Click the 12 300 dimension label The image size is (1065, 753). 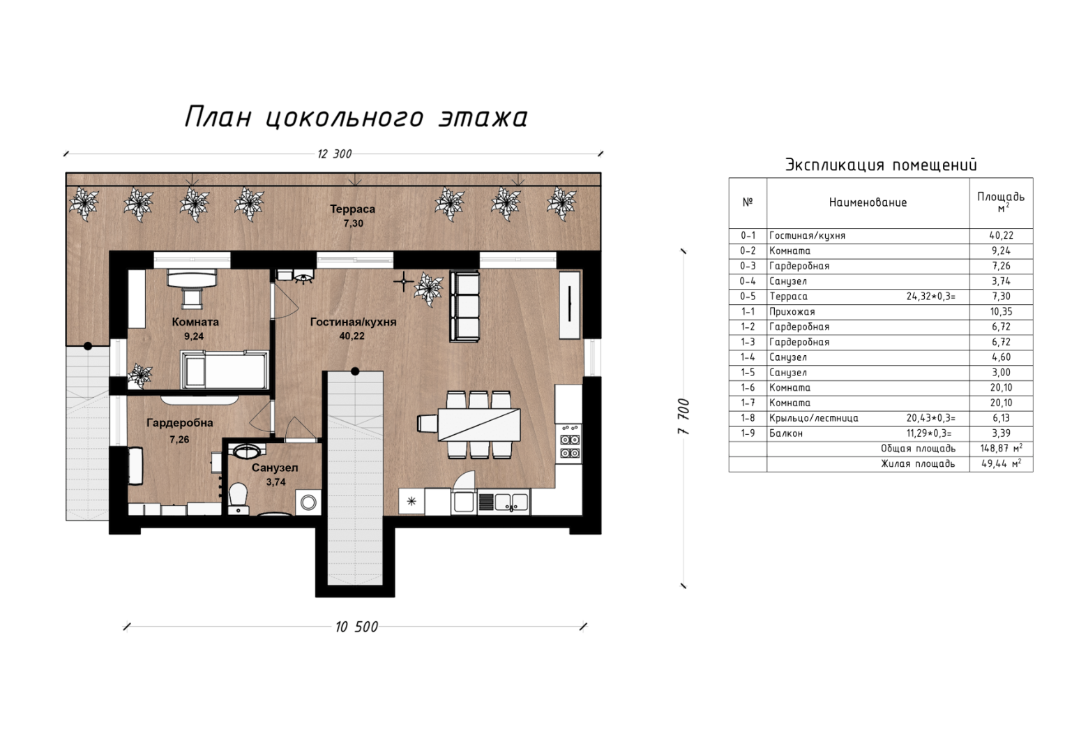pyautogui.click(x=335, y=154)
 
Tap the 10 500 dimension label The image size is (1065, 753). pyautogui.click(x=356, y=627)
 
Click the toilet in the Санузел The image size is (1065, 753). pyautogui.click(x=239, y=499)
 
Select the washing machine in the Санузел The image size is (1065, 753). pyautogui.click(x=308, y=502)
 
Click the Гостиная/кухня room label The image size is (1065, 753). pyautogui.click(x=354, y=322)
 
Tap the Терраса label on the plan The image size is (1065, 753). pyautogui.click(x=353, y=209)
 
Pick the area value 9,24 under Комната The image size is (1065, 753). pyautogui.click(x=194, y=336)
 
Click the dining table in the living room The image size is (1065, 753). pyautogui.click(x=479, y=425)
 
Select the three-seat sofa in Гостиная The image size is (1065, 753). pyautogui.click(x=465, y=306)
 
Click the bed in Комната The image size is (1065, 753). pyautogui.click(x=225, y=370)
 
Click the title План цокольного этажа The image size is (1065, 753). pyautogui.click(x=356, y=117)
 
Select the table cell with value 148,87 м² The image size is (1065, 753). pyautogui.click(x=1002, y=449)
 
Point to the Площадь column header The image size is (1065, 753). pyautogui.click(x=1001, y=201)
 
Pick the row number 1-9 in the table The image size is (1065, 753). pyautogui.click(x=748, y=433)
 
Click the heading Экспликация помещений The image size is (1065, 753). pyautogui.click(x=881, y=165)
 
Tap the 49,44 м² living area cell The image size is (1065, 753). pyautogui.click(x=1002, y=464)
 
